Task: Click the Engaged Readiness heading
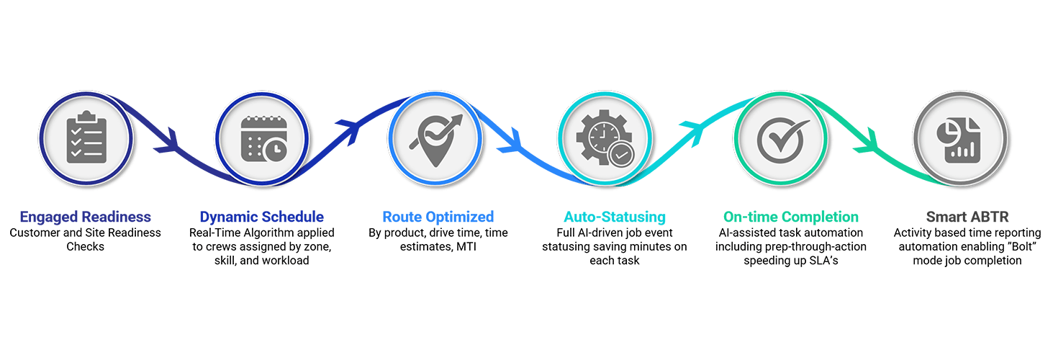(x=86, y=217)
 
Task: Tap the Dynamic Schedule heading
(x=261, y=217)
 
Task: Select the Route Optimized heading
(x=438, y=217)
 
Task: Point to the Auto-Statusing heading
(x=615, y=217)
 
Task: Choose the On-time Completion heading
(x=790, y=217)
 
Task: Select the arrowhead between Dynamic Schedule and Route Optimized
(x=351, y=129)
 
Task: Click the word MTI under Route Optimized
(x=467, y=247)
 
